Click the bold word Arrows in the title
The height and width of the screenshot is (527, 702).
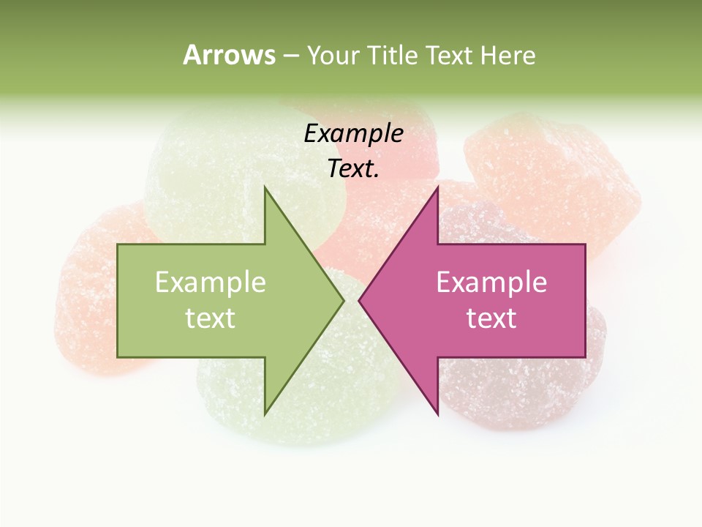coord(229,55)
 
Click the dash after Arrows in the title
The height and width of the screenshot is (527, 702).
coord(290,56)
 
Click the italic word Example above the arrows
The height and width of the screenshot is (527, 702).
coord(353,133)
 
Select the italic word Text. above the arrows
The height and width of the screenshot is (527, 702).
coord(353,168)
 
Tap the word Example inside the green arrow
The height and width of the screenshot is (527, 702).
coord(210,282)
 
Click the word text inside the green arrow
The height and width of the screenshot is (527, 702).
coord(210,318)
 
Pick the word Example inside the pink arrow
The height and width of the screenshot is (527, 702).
coord(491,282)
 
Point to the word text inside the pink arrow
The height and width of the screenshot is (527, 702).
coord(491,318)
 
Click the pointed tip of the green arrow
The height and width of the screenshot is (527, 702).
coord(343,300)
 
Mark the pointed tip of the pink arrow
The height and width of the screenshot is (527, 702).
coord(360,300)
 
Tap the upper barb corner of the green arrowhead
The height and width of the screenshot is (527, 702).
coord(265,187)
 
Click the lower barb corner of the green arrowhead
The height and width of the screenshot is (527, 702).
coord(265,414)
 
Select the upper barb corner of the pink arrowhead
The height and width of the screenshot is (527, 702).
coord(437,187)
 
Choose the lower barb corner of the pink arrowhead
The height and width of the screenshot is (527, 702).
coord(437,414)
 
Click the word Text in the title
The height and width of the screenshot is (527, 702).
coord(449,56)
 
